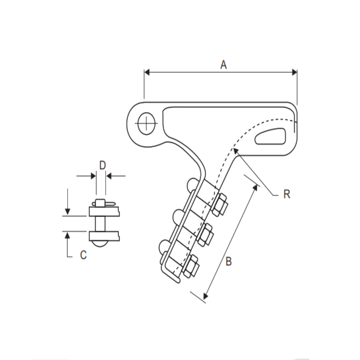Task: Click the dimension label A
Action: coord(223,65)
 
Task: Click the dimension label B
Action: coord(228,261)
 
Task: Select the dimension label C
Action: coord(83,255)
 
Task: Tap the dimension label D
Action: coord(102,165)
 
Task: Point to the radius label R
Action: coord(286,194)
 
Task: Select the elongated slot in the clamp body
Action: coord(270,136)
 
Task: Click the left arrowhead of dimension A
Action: coord(147,72)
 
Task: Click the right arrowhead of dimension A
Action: coord(294,72)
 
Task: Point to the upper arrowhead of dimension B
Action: coord(255,187)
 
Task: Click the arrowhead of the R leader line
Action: coord(236,151)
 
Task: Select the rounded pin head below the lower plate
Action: coord(100,244)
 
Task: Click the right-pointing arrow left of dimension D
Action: coord(93,176)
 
